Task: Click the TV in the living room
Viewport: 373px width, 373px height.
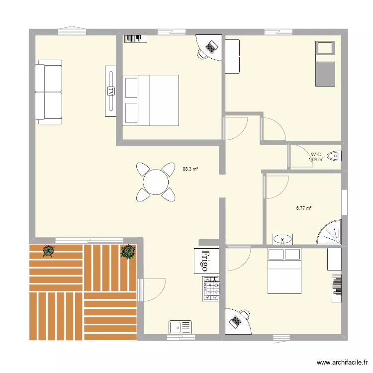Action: pos(110,91)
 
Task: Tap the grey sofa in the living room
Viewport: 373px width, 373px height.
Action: pos(49,92)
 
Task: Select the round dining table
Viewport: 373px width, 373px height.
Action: pos(156,182)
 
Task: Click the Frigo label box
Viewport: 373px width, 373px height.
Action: pos(204,261)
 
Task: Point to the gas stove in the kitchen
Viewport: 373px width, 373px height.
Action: pos(211,288)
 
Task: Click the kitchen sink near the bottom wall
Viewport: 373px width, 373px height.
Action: pos(180,327)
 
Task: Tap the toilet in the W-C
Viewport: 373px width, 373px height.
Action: pos(336,156)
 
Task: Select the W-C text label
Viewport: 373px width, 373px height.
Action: pos(316,154)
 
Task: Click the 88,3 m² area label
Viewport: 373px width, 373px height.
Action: pos(190,169)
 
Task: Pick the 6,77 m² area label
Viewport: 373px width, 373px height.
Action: pos(304,209)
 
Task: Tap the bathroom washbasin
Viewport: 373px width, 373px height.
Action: pos(283,240)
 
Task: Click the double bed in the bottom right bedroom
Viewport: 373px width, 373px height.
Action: pos(284,271)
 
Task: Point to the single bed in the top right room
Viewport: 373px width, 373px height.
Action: pos(326,63)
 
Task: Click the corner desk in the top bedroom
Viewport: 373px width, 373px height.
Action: pos(209,48)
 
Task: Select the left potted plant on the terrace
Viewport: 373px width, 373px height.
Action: pos(48,251)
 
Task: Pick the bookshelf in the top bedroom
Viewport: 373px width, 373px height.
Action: pos(135,38)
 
